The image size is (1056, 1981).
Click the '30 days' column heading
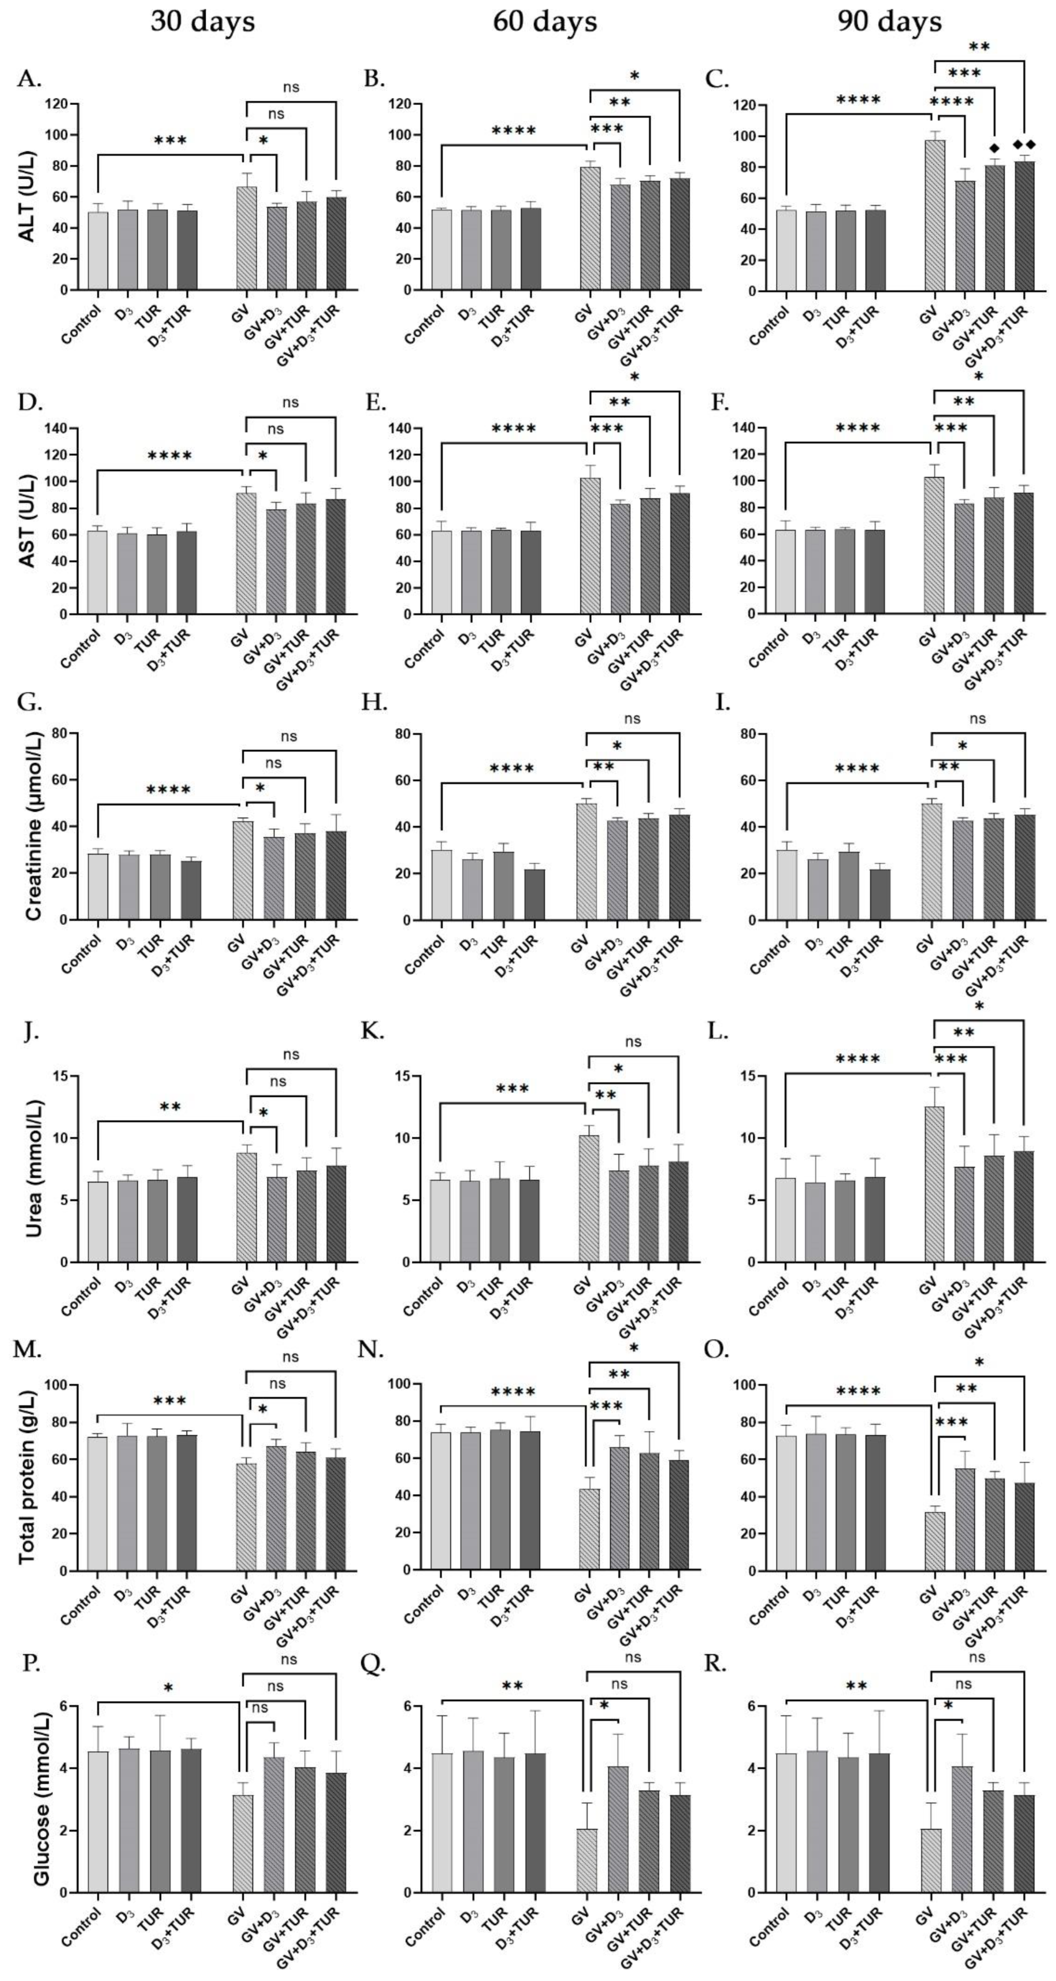(202, 21)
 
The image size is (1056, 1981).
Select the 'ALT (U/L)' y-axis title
(28, 197)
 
